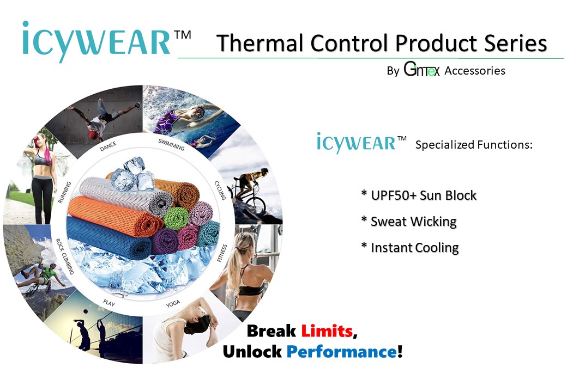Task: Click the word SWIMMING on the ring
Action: (x=171, y=144)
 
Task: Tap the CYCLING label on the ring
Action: (x=220, y=191)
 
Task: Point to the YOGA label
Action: (x=173, y=304)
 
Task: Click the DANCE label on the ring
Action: (x=108, y=146)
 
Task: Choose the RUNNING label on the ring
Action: (x=64, y=193)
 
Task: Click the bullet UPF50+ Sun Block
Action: (x=419, y=195)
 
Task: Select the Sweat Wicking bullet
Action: (x=409, y=222)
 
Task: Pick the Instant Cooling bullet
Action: (x=410, y=248)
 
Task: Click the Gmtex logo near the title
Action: (x=421, y=70)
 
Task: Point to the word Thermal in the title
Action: (x=254, y=44)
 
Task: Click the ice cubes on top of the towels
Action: (x=131, y=173)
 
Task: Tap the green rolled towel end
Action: (x=176, y=217)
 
